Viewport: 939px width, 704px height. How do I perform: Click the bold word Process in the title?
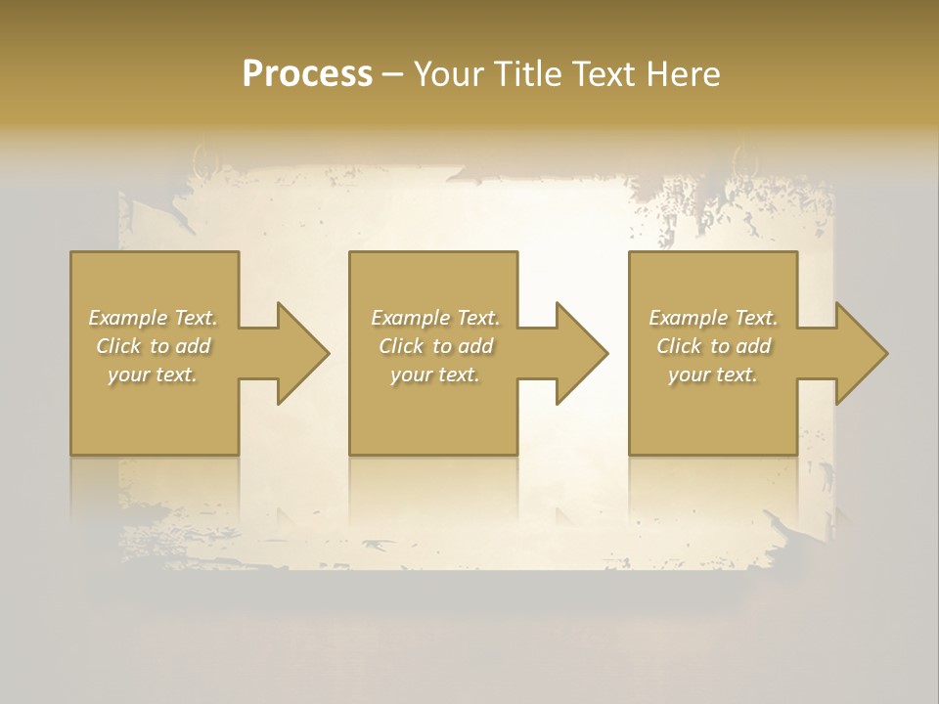click(307, 74)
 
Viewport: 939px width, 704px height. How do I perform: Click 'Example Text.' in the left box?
click(153, 318)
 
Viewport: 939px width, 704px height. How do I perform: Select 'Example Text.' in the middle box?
click(435, 318)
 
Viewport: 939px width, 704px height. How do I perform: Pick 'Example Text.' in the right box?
click(713, 318)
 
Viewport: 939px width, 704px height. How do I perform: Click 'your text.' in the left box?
click(153, 374)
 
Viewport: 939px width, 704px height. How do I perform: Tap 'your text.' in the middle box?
click(435, 374)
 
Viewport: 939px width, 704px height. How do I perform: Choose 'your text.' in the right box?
click(713, 374)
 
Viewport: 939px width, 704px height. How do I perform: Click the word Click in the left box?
click(118, 346)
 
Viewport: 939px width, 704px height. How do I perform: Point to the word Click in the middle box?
click(401, 346)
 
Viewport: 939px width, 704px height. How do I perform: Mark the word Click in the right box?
click(679, 346)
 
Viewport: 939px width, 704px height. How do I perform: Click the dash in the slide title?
click(392, 75)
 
